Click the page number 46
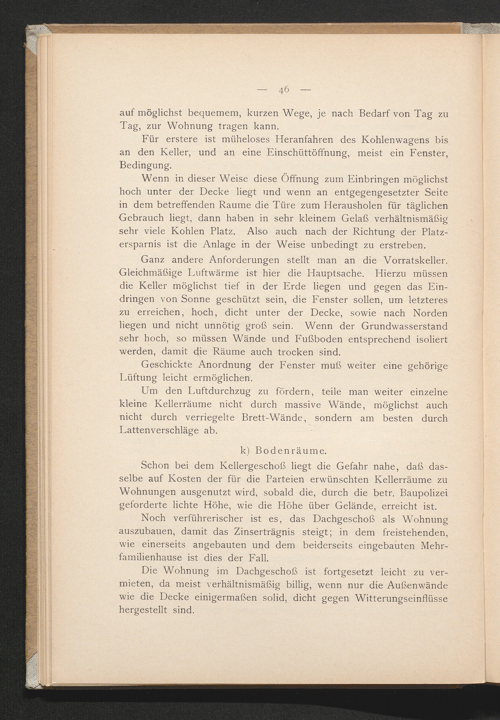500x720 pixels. (x=284, y=90)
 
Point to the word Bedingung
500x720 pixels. (x=145, y=166)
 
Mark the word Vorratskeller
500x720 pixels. (x=415, y=260)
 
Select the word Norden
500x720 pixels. (x=430, y=313)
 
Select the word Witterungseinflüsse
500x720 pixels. (x=402, y=598)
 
